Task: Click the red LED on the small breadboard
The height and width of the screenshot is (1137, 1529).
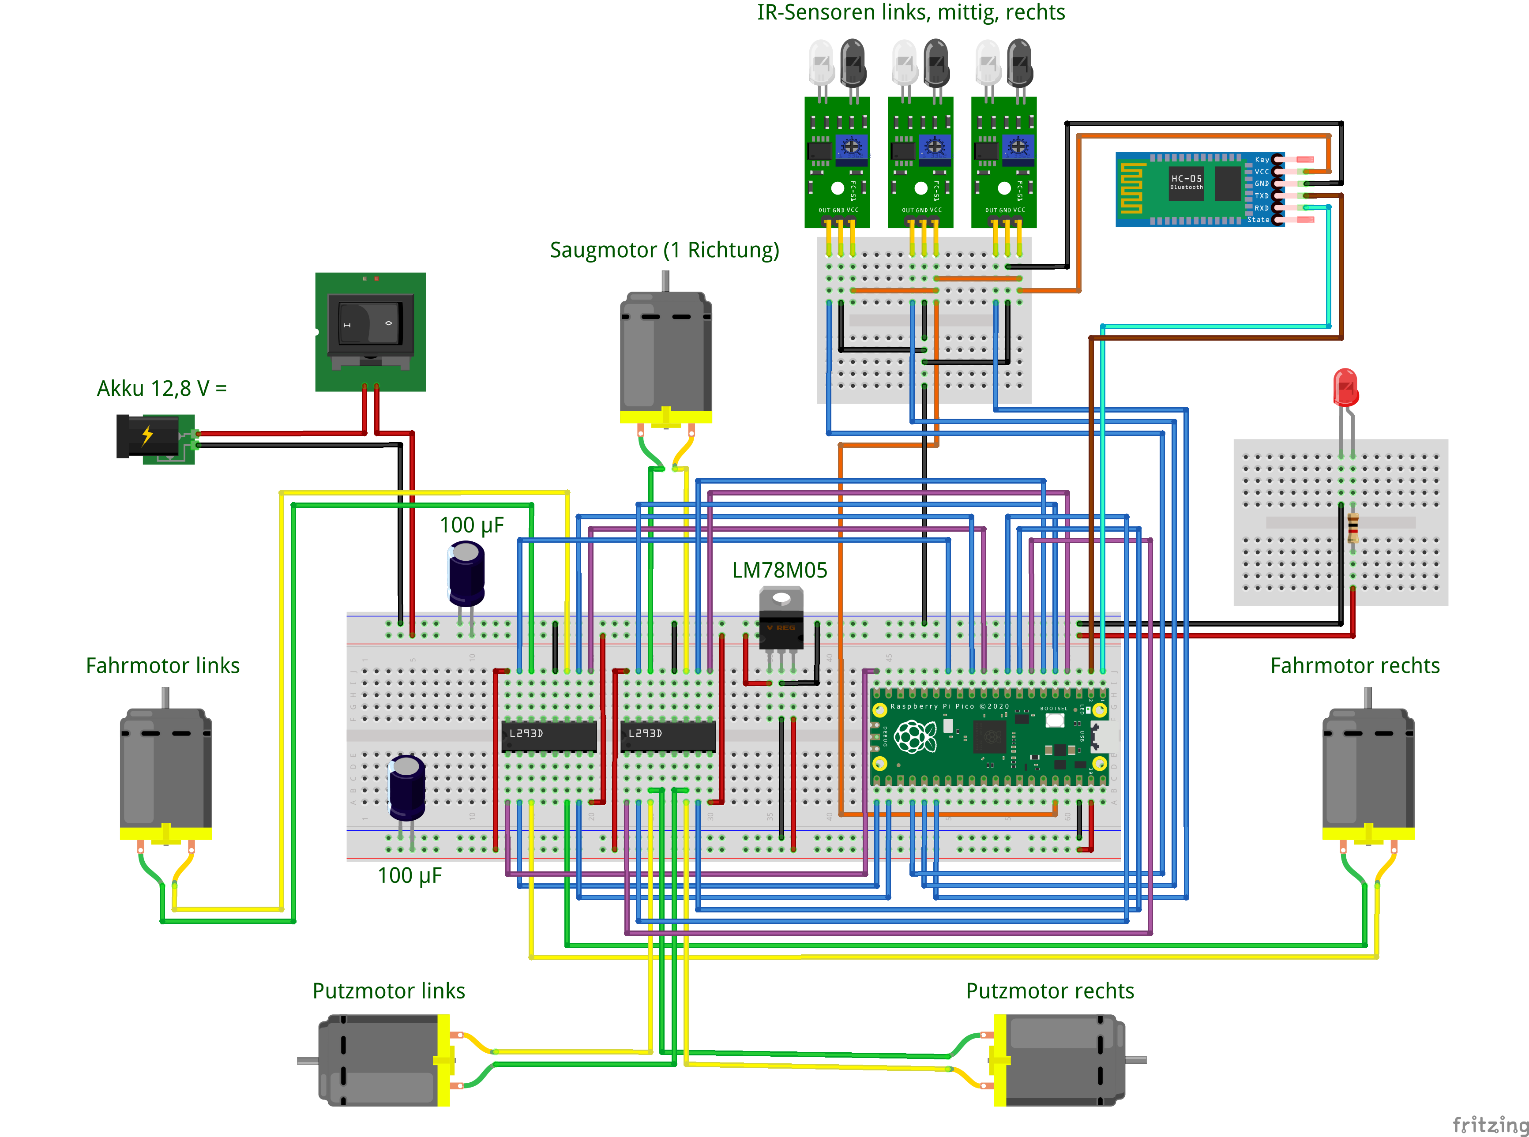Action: pyautogui.click(x=1345, y=387)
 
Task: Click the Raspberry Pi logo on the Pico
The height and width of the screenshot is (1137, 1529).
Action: pyautogui.click(x=914, y=736)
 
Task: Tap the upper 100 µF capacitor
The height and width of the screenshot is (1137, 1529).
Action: pyautogui.click(x=466, y=572)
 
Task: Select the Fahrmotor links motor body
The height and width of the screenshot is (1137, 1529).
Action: pyautogui.click(x=165, y=767)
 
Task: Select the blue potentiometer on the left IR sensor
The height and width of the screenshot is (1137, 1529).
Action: pyautogui.click(x=852, y=146)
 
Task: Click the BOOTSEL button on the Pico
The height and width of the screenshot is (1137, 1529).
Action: pyautogui.click(x=1054, y=720)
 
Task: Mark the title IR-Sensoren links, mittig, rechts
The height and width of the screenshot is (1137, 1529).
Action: pyautogui.click(x=911, y=12)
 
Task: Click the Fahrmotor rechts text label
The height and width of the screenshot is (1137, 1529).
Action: pyautogui.click(x=1354, y=665)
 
